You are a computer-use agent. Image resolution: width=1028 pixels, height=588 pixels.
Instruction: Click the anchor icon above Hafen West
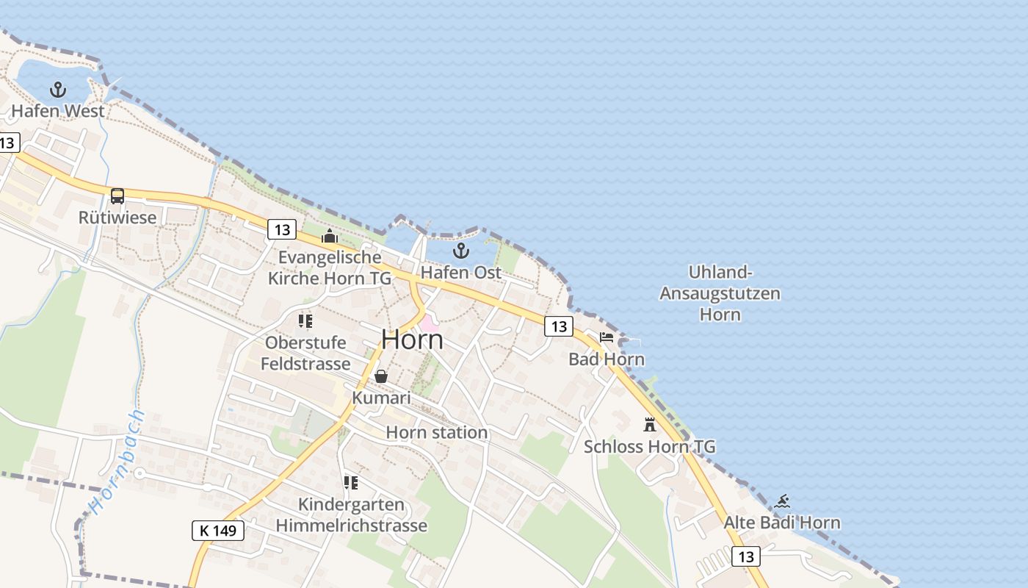click(57, 90)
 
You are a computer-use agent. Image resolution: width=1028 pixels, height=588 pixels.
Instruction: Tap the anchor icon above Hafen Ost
click(460, 251)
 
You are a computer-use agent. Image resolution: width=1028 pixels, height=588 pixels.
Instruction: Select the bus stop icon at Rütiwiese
click(117, 196)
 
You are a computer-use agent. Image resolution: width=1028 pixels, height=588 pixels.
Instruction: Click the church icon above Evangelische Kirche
click(330, 236)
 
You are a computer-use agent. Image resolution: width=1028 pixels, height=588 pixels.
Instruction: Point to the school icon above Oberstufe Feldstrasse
click(305, 321)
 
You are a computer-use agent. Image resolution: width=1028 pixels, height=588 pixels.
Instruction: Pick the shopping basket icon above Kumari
click(381, 376)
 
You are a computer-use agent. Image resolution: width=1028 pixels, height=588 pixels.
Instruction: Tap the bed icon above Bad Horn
click(607, 337)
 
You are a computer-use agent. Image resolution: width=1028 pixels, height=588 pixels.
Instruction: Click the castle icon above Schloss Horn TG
click(649, 424)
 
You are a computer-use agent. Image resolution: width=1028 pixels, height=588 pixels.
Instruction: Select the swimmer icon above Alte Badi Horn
click(782, 502)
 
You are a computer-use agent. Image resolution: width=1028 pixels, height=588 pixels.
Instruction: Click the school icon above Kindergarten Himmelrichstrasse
click(351, 483)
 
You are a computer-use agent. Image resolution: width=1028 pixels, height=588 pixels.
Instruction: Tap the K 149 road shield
click(217, 530)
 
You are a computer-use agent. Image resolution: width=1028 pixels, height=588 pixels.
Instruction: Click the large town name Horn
click(412, 340)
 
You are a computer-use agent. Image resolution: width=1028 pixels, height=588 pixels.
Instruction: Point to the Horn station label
click(437, 432)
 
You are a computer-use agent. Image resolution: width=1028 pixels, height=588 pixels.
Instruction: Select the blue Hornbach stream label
click(117, 463)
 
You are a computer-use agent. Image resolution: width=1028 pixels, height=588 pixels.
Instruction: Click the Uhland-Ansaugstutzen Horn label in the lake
click(720, 293)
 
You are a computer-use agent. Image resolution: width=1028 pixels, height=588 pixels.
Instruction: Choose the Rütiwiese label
click(117, 218)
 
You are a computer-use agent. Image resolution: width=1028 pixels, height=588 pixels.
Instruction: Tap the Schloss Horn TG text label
click(649, 446)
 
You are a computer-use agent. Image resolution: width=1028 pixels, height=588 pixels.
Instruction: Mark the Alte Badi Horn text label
click(782, 523)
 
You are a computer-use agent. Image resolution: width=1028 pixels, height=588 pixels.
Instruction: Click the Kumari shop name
click(381, 398)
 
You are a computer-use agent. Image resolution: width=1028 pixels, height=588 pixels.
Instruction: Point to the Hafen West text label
click(58, 111)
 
